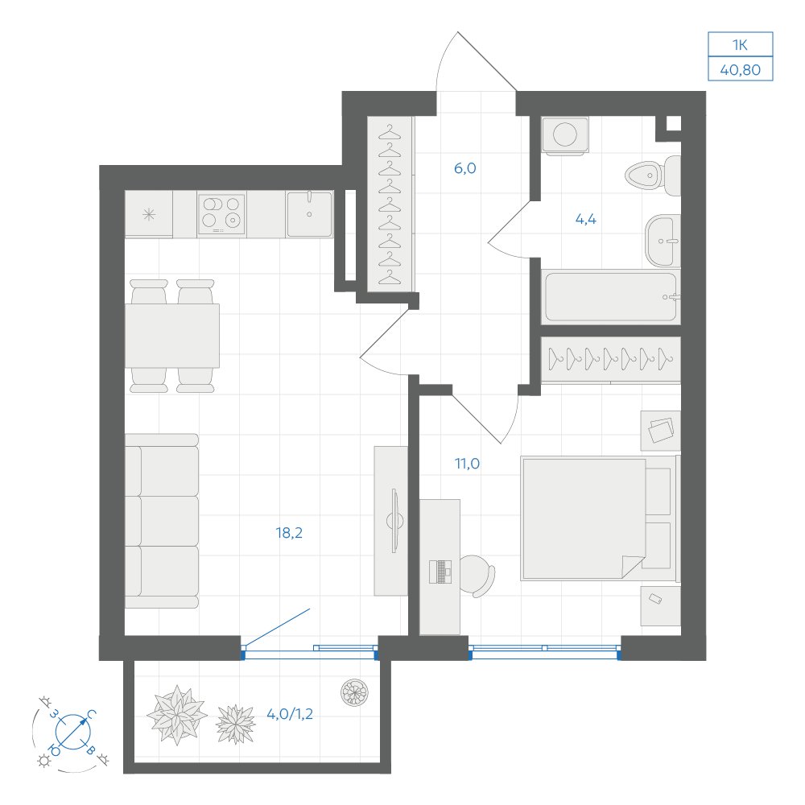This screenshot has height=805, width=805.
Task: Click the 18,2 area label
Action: (x=289, y=533)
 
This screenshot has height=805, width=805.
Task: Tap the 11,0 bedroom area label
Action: (x=467, y=464)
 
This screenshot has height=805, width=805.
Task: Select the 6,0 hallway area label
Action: (x=465, y=168)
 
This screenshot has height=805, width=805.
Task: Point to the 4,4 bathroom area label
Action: (x=586, y=219)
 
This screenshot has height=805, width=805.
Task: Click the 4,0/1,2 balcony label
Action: (x=290, y=713)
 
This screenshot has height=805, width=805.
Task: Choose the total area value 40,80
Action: (x=741, y=69)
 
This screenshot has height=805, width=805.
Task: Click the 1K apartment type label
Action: (x=740, y=45)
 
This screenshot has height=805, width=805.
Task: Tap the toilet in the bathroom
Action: (x=653, y=175)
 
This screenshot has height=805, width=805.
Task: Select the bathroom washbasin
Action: (x=663, y=241)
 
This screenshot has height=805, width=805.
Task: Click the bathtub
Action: (x=611, y=297)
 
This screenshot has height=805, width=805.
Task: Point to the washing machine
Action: (x=565, y=135)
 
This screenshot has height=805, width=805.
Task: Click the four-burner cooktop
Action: (x=222, y=214)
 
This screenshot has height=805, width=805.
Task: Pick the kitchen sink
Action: (x=310, y=214)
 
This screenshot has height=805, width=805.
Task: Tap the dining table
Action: (x=172, y=336)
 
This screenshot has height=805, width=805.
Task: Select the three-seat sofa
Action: (x=162, y=521)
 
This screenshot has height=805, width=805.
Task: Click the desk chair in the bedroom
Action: (x=477, y=576)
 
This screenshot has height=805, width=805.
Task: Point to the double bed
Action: (x=599, y=518)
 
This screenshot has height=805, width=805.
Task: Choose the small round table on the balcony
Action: (x=355, y=692)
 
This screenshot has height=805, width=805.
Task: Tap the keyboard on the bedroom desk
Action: (x=440, y=572)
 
